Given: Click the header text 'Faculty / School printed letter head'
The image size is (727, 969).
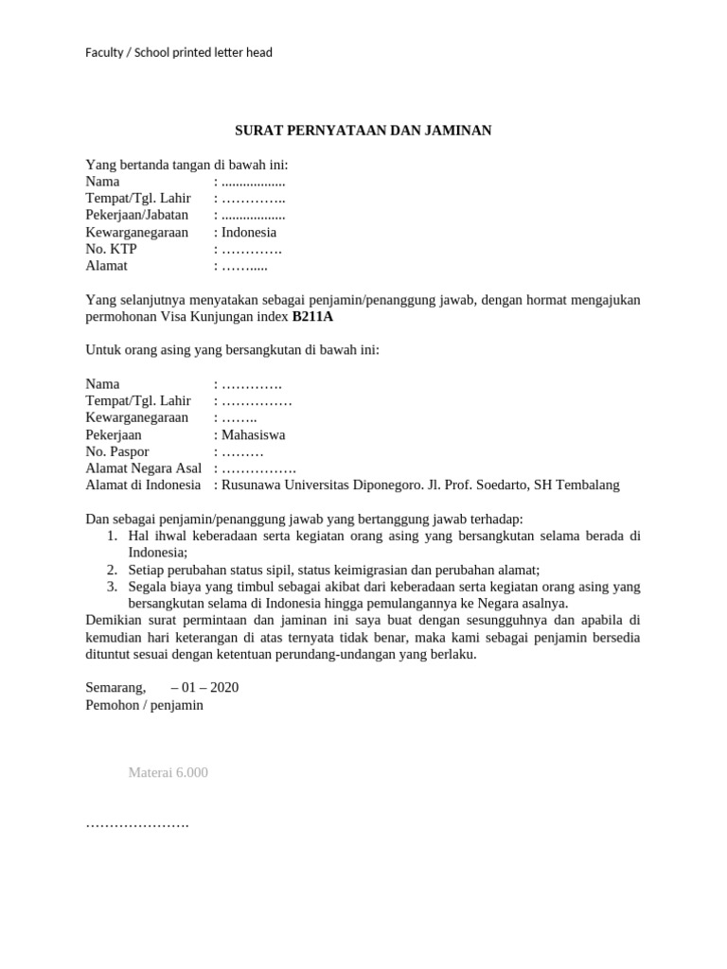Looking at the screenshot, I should [x=179, y=53].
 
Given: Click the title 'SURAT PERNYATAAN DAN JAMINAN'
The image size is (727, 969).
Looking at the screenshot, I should [x=363, y=131].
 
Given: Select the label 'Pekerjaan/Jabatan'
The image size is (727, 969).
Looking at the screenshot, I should [x=136, y=215].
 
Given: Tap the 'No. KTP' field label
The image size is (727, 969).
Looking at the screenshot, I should [x=111, y=249].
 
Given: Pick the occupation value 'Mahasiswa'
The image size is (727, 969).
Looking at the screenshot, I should [x=253, y=435].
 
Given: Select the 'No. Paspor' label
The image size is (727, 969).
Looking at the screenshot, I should [x=117, y=452].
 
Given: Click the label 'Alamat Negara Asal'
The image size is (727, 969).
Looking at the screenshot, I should [x=146, y=468].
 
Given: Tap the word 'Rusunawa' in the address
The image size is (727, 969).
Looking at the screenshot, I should [x=249, y=485].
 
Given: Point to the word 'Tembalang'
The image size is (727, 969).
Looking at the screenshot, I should [x=588, y=485].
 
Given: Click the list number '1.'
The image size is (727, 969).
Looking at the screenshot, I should [x=112, y=536].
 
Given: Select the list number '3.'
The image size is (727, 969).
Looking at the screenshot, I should [x=112, y=587].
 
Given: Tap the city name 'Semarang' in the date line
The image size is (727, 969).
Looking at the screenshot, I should [x=115, y=687].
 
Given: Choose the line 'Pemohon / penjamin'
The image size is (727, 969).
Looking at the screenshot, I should [x=144, y=705].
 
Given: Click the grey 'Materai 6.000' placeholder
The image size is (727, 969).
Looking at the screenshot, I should [x=168, y=773].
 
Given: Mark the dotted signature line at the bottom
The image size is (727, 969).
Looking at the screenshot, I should [x=137, y=824].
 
